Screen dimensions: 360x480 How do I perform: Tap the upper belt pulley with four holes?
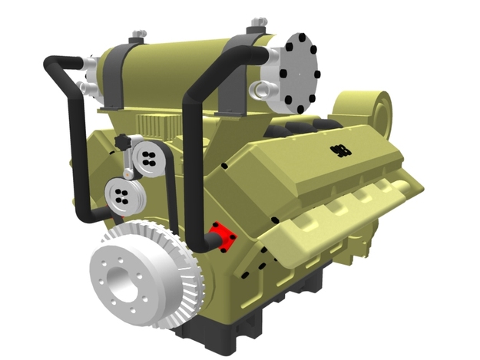click(147, 159)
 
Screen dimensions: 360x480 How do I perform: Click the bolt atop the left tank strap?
click(137, 35)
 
